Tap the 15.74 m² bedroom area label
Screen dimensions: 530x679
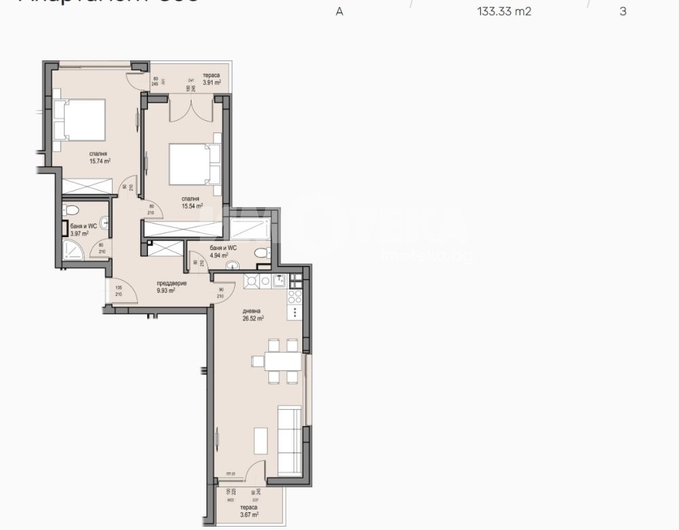(x=100, y=161)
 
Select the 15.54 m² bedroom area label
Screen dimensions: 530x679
(x=192, y=206)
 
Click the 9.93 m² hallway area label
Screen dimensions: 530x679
(x=166, y=289)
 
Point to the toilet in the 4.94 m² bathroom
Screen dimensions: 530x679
(x=260, y=252)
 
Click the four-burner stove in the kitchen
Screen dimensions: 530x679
(x=295, y=296)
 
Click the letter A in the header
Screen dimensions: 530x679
(x=339, y=12)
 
